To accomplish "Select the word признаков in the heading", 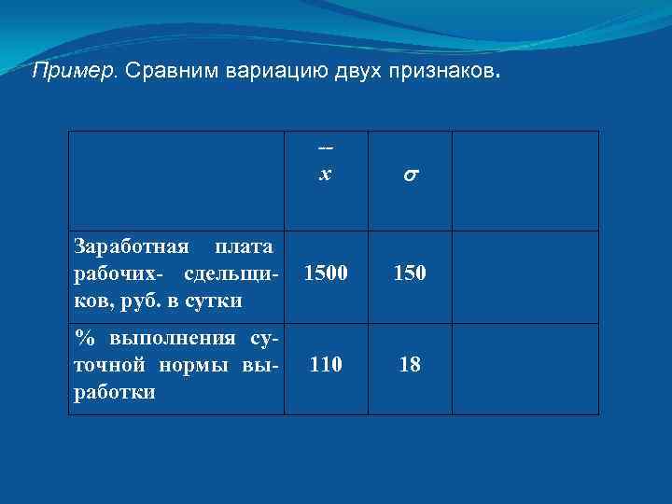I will point(439,71).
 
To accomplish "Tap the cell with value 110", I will point(325,365).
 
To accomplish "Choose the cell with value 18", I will point(410,365).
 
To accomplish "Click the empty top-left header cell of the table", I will point(176,181).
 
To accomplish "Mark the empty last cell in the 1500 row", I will point(525,277).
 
